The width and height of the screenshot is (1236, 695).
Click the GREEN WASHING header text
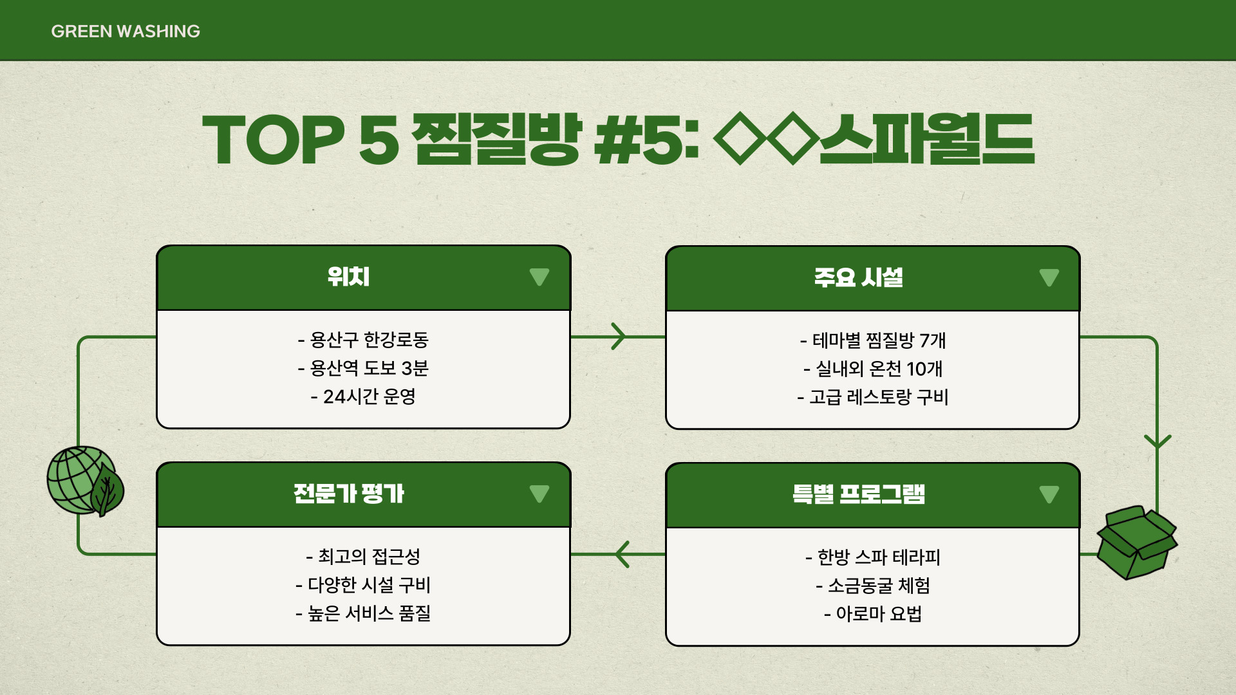pyautogui.click(x=126, y=31)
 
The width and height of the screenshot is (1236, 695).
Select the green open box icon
pyautogui.click(x=1136, y=542)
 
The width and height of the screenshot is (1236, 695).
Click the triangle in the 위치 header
pyautogui.click(x=539, y=277)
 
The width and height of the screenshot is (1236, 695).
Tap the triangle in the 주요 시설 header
pyautogui.click(x=1049, y=278)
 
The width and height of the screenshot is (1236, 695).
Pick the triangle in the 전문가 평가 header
pyautogui.click(x=539, y=494)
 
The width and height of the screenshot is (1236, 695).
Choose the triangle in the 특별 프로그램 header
pyautogui.click(x=1049, y=495)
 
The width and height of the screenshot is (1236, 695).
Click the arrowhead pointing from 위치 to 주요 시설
pyautogui.click(x=619, y=337)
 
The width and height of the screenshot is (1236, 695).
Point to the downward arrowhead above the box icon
pyautogui.click(x=1157, y=441)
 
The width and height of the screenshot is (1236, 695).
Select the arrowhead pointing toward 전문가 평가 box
pyautogui.click(x=622, y=554)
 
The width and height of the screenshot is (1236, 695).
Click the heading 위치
pyautogui.click(x=348, y=277)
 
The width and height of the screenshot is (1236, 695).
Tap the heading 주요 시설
pyautogui.click(x=858, y=278)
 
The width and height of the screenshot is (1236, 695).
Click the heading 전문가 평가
pyautogui.click(x=348, y=494)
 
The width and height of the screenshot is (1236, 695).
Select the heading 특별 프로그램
pyautogui.click(x=858, y=495)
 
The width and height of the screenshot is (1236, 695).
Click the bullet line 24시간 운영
pyautogui.click(x=363, y=396)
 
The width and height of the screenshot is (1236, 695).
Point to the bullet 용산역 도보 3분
pyautogui.click(x=363, y=368)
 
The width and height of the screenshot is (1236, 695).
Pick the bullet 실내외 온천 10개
pyautogui.click(x=873, y=369)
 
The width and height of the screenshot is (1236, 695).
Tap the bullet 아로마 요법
pyautogui.click(x=873, y=614)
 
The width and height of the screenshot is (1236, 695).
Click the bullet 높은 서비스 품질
pyautogui.click(x=363, y=613)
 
